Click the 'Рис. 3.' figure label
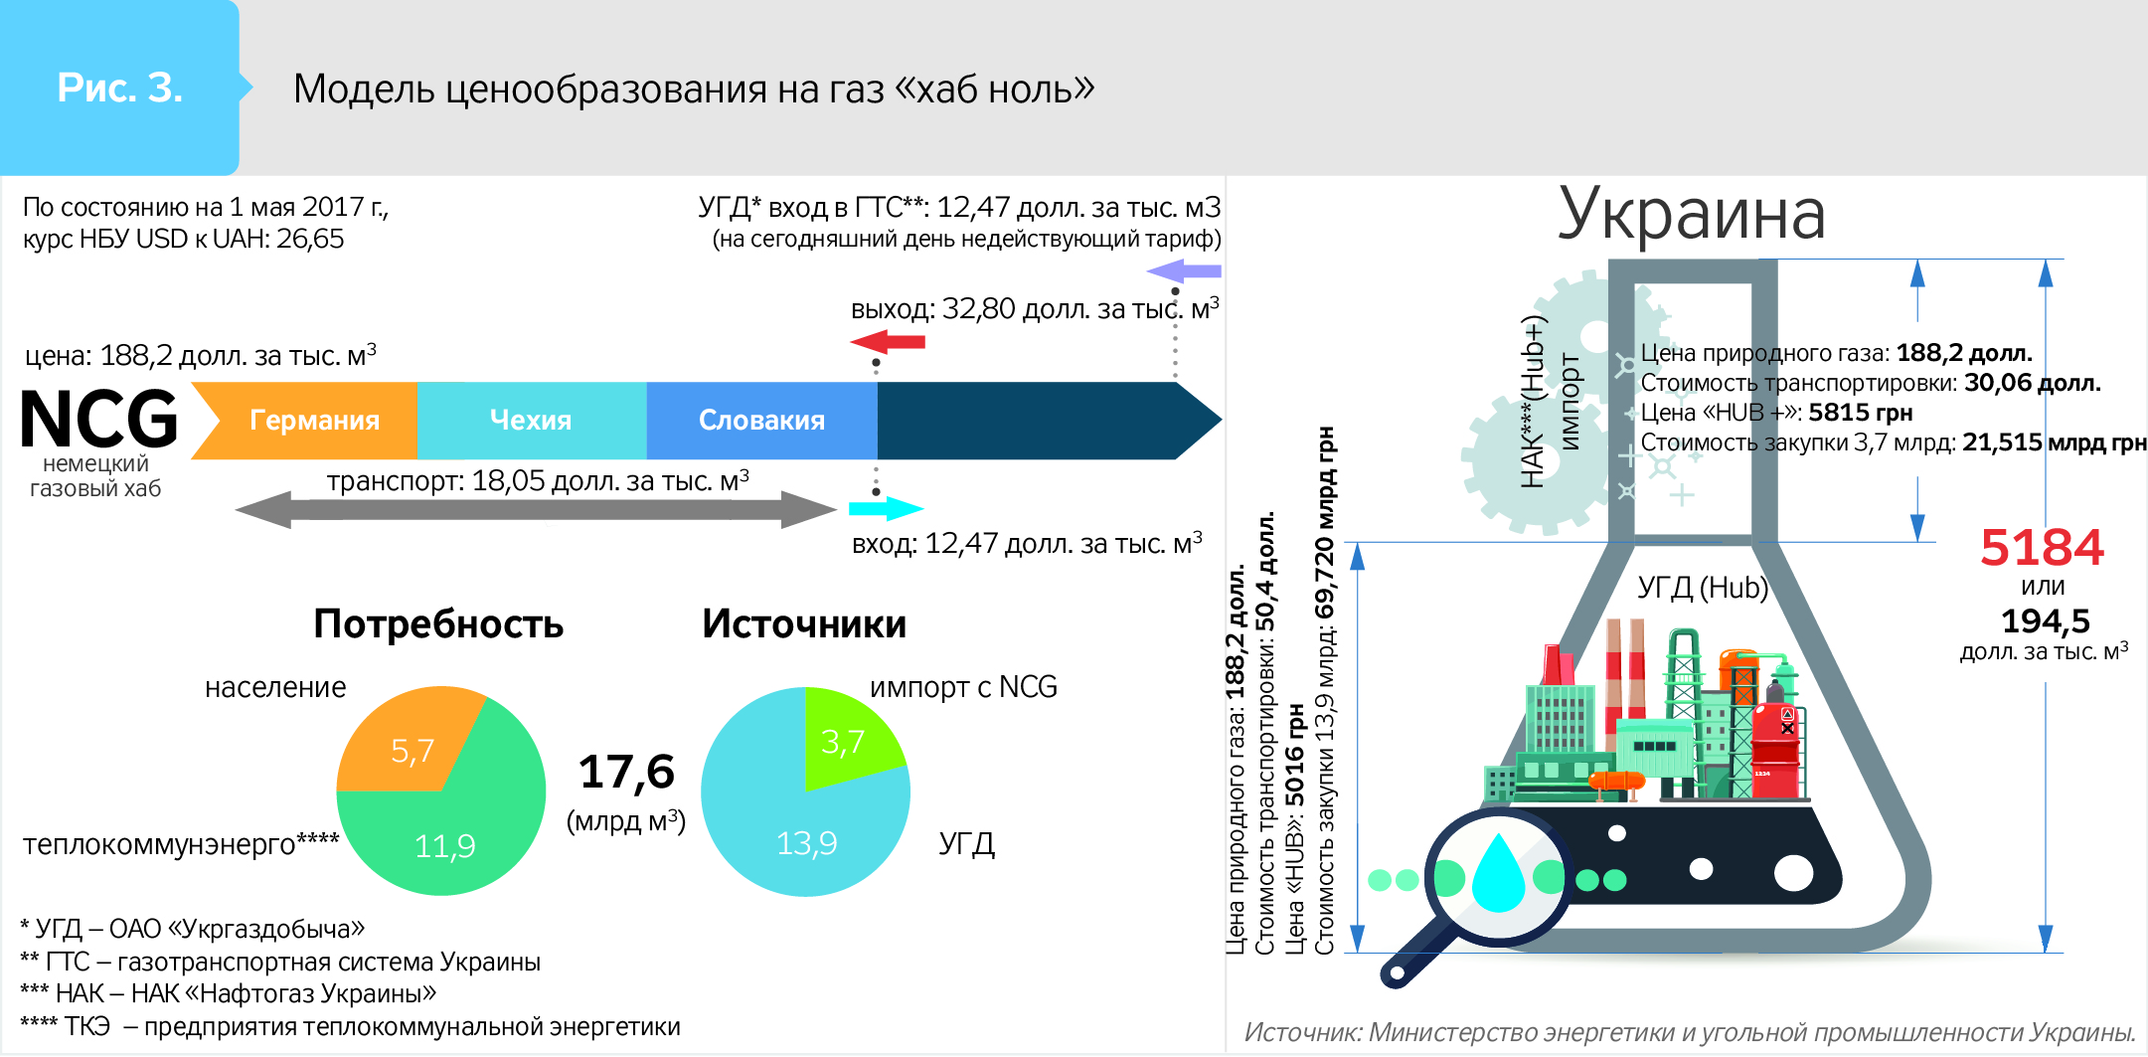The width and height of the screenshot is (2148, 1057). [x=120, y=88]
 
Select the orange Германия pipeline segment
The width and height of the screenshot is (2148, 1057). [x=304, y=421]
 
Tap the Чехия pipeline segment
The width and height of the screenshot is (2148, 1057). [x=532, y=421]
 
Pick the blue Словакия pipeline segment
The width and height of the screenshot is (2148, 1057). [x=762, y=421]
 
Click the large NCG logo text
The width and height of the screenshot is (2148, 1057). [x=99, y=419]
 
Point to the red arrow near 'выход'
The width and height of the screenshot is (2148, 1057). [x=888, y=342]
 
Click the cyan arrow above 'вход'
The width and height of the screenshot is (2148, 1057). [x=887, y=509]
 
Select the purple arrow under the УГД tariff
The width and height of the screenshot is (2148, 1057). [x=1184, y=270]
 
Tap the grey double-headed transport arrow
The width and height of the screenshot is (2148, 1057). [x=536, y=509]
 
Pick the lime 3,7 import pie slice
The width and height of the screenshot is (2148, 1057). [x=847, y=736]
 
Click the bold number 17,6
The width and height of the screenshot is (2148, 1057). [x=626, y=772]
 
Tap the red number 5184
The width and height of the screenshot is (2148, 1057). [x=2042, y=547]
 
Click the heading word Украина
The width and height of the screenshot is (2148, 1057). [x=1692, y=213]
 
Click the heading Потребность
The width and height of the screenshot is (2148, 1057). [x=438, y=623]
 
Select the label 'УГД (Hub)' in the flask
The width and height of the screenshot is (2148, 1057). [x=1703, y=588]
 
